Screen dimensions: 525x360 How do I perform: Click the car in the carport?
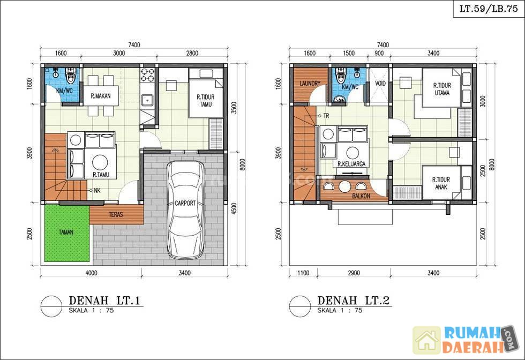pos(185,209)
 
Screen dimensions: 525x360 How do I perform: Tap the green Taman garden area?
pos(66,233)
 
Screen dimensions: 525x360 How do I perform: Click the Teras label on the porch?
pos(116,215)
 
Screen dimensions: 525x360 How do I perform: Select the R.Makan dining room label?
pos(101,96)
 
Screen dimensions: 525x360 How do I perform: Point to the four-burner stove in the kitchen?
pos(148,74)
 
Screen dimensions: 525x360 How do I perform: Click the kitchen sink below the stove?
pos(147,100)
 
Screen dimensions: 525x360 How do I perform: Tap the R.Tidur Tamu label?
pos(206,101)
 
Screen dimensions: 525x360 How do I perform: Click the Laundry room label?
pos(310,84)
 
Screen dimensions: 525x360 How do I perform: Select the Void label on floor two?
pos(380,83)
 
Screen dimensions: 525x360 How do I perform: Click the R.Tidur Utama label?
pos(442,89)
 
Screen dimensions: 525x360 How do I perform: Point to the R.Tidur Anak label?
pos(441,184)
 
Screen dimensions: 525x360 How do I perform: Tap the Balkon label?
pos(361,196)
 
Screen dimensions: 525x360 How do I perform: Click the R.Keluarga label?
pos(351,164)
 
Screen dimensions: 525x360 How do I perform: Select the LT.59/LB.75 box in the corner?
pos(489,9)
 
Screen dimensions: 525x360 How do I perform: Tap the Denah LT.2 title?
pos(353,300)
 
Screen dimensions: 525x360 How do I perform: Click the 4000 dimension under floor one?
pos(91,273)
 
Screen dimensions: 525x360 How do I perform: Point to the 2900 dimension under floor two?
pos(354,273)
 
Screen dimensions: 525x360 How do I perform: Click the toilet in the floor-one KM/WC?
pos(71,76)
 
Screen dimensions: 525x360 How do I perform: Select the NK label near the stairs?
pos(97,191)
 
